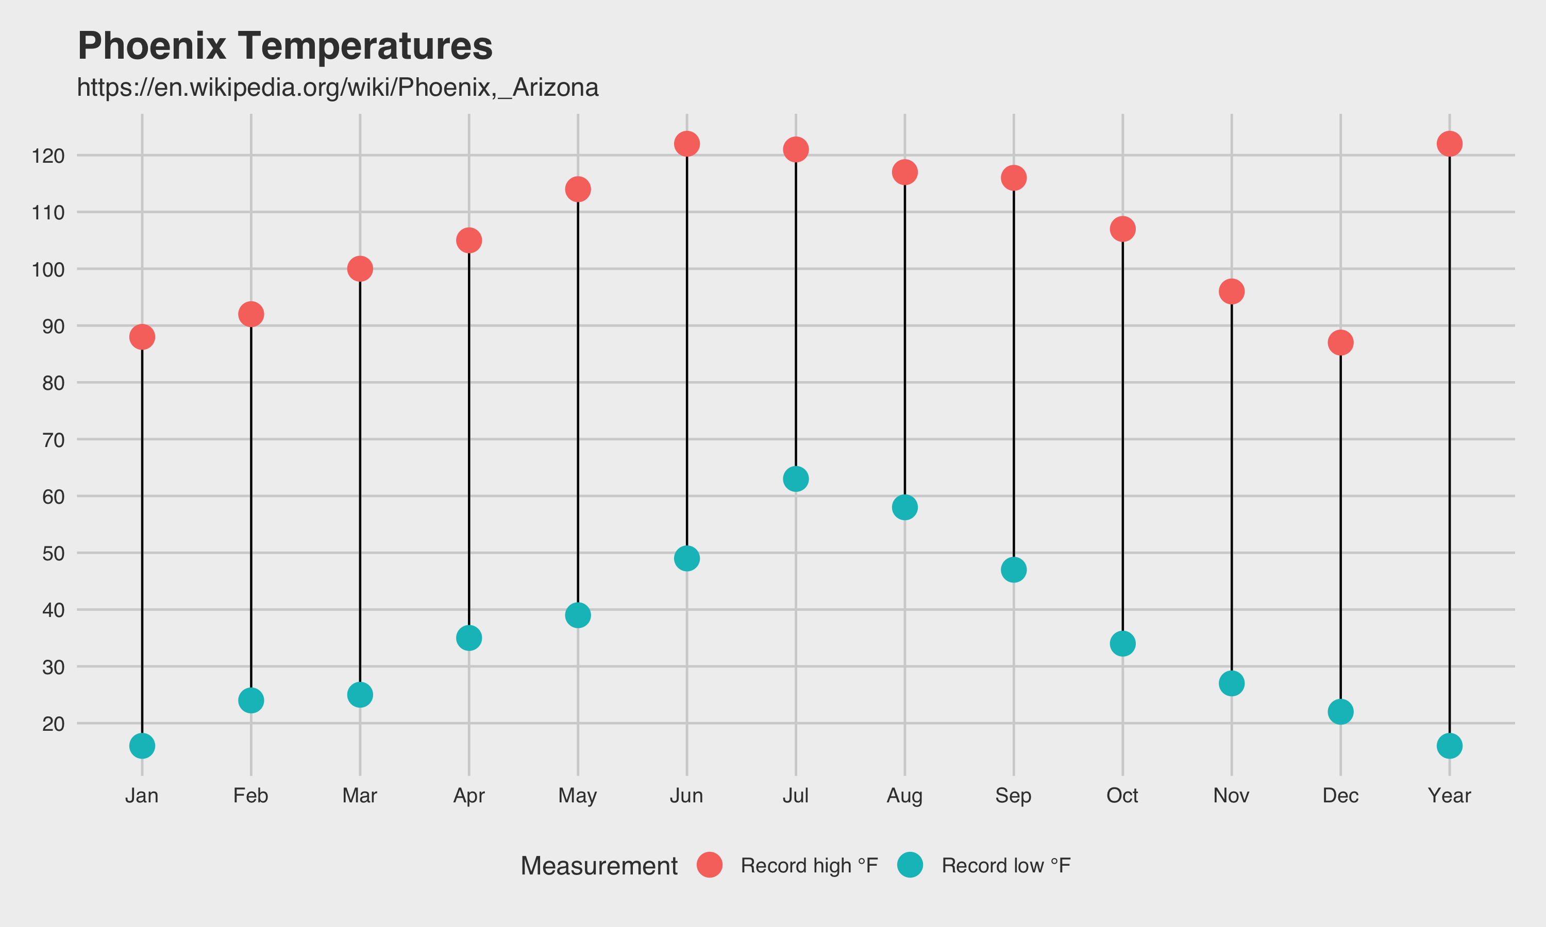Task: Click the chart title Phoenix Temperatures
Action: coord(285,46)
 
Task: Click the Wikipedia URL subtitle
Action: coord(338,88)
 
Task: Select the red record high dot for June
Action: coord(687,144)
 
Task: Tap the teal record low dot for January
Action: coord(142,746)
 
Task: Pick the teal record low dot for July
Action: coord(796,479)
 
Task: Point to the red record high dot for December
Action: coord(1340,342)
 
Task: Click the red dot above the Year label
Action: coord(1449,144)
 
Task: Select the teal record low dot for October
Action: coord(1122,643)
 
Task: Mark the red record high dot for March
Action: coord(360,269)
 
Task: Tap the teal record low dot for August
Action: coord(904,507)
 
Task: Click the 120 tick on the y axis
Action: coord(48,156)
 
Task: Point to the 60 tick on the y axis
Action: coord(53,497)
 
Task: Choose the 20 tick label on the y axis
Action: coord(53,724)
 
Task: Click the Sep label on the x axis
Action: coord(1013,796)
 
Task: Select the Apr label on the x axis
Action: coord(468,796)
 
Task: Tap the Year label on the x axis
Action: coord(1449,796)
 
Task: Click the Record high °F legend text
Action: coord(809,866)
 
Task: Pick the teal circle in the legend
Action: coord(910,865)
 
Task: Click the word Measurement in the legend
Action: coord(599,866)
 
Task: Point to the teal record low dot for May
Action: coord(577,615)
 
